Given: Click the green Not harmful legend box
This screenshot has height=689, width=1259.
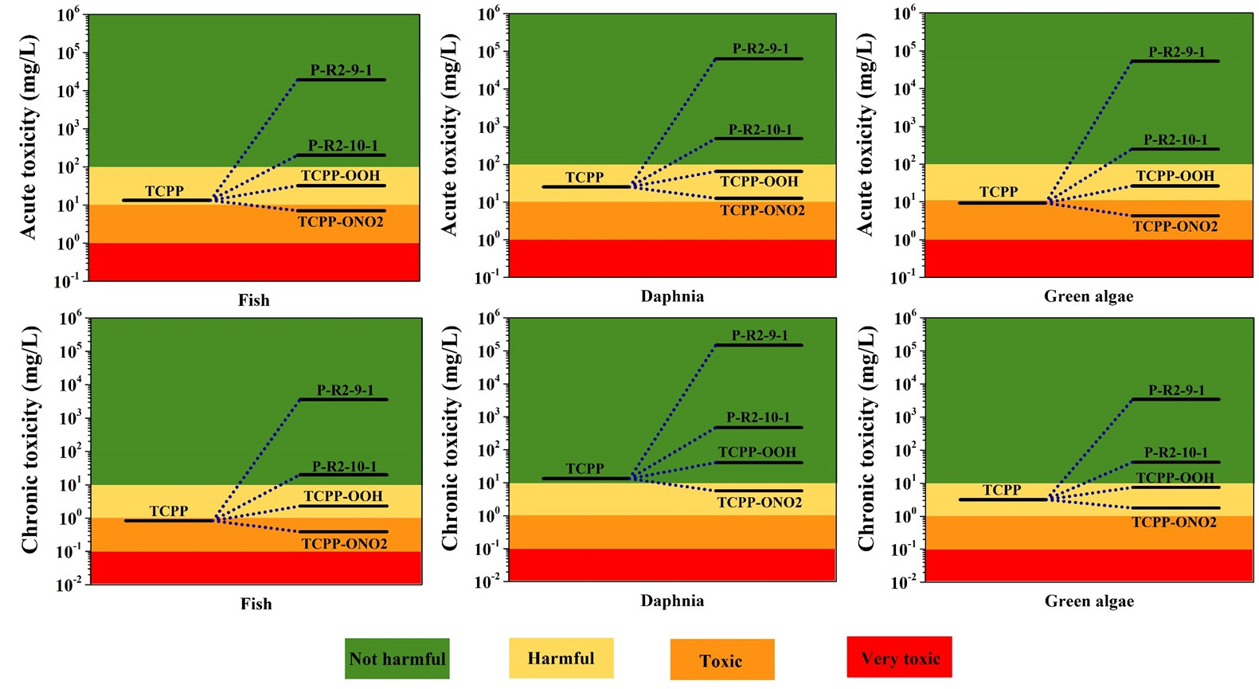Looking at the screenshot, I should [397, 659].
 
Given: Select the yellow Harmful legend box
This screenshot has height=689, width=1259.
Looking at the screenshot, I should [561, 658].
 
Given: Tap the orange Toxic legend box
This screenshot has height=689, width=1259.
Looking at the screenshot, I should [721, 660].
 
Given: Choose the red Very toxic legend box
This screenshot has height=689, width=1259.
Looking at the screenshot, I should [899, 657].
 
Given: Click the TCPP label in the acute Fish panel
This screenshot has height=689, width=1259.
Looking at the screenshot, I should [164, 191].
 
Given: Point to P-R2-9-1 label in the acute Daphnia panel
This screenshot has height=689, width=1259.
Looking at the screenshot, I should [760, 49].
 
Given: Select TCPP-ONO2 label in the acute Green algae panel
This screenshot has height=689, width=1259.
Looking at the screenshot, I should [1175, 227].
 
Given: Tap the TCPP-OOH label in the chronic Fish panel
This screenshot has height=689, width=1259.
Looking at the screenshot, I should [343, 496].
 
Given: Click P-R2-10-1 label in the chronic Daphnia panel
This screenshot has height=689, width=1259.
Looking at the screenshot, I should [758, 417].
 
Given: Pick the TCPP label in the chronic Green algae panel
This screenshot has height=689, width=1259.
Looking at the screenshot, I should [1002, 490].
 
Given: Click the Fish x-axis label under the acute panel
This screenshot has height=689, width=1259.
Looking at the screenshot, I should [254, 300].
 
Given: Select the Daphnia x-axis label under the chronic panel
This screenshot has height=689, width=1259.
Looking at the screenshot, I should [672, 601].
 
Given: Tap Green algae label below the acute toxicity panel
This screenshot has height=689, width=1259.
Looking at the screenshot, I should [1089, 296].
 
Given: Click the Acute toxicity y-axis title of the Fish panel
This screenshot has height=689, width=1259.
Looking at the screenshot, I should [29, 137].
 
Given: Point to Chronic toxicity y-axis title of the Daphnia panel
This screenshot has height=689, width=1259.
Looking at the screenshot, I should [450, 438].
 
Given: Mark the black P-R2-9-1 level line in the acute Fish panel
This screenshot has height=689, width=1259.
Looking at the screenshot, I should [341, 80].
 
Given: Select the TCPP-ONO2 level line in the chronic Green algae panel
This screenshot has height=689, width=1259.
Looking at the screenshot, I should [1175, 508].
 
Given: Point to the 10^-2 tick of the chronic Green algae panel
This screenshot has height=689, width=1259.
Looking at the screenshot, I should [905, 581].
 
